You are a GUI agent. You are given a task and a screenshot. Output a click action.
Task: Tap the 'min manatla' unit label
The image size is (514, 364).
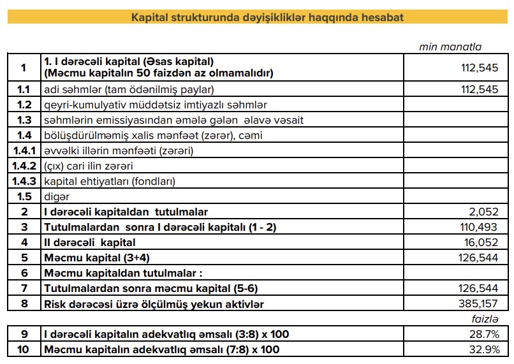(x=450, y=47)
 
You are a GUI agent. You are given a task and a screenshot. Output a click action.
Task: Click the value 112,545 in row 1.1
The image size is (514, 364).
(x=479, y=90)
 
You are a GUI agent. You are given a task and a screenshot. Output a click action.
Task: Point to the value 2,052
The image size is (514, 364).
(x=484, y=212)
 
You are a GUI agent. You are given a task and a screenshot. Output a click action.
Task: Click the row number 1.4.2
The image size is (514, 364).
(x=24, y=166)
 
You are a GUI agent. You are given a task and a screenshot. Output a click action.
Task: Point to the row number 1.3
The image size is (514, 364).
(x=24, y=120)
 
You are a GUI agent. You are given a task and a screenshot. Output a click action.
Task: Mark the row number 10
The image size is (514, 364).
(x=24, y=350)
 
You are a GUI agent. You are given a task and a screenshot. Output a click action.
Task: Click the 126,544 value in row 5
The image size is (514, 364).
(x=479, y=258)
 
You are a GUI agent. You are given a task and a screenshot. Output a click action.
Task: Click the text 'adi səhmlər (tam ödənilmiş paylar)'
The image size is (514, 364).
(x=128, y=90)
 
